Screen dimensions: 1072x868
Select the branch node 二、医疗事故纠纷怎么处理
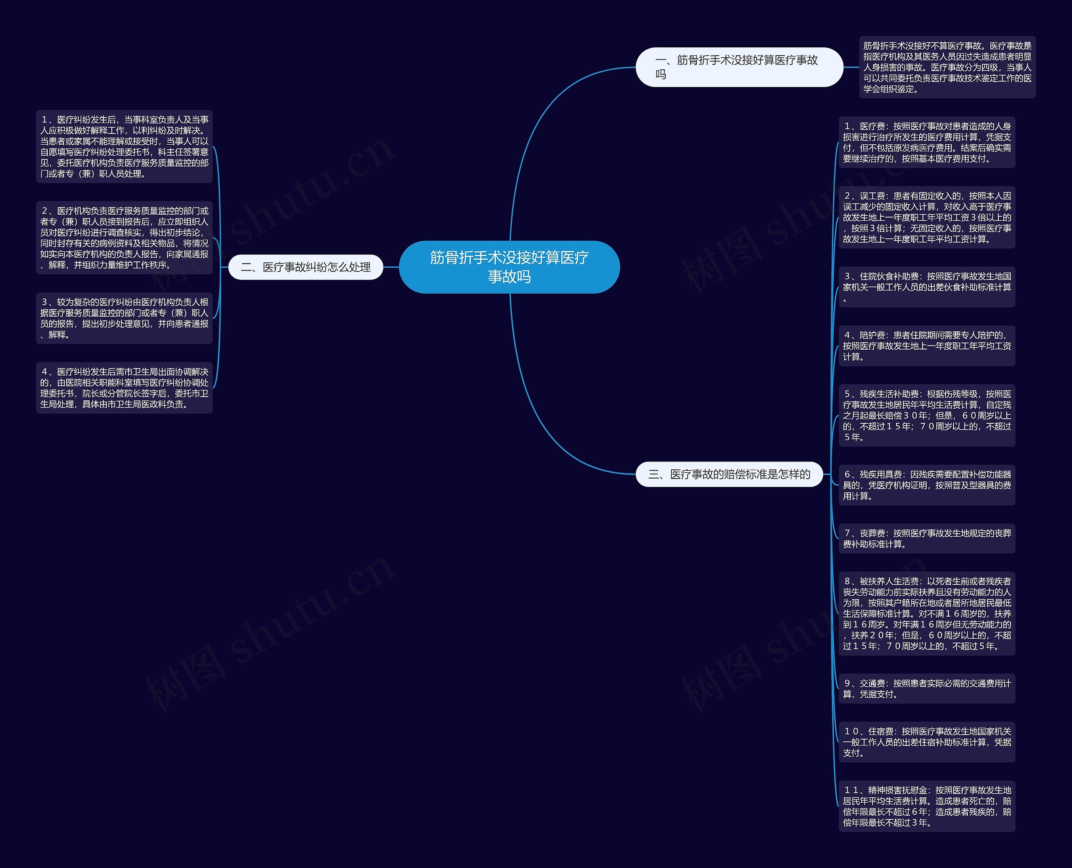305,267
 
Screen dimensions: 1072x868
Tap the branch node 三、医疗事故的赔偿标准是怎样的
729,474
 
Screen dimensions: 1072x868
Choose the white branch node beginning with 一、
739,67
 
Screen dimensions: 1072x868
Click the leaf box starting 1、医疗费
926,143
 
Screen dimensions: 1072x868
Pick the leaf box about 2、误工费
926,218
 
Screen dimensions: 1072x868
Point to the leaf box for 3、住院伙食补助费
926,287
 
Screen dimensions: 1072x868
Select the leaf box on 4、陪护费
926,346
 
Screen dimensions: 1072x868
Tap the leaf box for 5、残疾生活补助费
926,415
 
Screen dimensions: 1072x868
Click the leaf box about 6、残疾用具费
926,485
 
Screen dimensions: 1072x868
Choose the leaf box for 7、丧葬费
926,538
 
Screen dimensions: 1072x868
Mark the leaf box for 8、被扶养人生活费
926,614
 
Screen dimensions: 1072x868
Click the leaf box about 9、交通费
926,689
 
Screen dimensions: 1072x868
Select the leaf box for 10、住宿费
926,742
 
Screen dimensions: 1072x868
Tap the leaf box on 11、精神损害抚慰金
926,806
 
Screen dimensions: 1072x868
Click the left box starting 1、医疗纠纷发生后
124,146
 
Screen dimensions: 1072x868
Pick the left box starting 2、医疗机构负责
124,238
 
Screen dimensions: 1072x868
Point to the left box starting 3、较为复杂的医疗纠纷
124,318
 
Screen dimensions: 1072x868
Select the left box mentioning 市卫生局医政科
124,388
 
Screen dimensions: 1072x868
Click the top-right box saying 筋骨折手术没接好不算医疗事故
947,67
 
